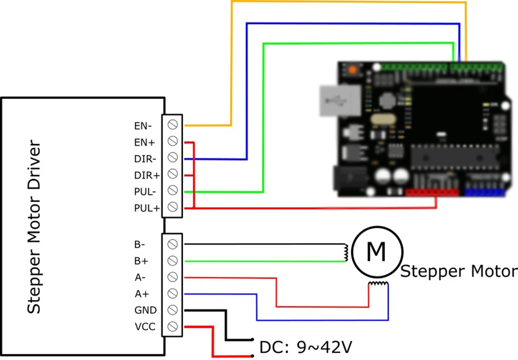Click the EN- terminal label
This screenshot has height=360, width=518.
pos(142,125)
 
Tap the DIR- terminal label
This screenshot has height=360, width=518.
pos(143,159)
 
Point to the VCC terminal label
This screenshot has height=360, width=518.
pos(143,327)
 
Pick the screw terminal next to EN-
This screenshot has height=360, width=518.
pos(174,124)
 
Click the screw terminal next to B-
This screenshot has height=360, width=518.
pos(174,243)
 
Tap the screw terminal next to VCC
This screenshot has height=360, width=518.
pos(174,326)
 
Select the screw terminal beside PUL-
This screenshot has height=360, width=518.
pos(174,191)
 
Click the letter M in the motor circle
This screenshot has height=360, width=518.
pos(376,252)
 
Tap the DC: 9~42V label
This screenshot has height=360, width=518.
pos(306,346)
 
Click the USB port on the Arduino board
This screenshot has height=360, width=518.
pos(339,99)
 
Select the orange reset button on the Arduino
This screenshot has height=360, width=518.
pos(353,69)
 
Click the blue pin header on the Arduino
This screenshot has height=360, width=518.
pos(484,192)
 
